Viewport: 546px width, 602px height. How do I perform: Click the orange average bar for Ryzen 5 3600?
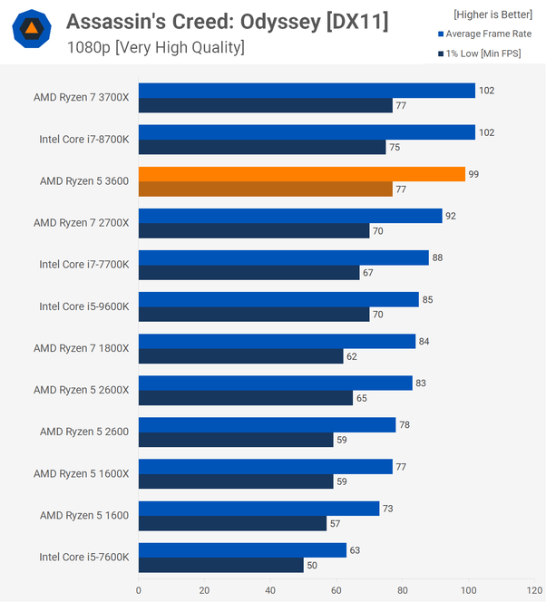(x=301, y=174)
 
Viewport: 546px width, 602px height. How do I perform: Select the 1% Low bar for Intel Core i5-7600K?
(x=220, y=566)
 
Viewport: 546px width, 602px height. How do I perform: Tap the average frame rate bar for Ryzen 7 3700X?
(x=307, y=91)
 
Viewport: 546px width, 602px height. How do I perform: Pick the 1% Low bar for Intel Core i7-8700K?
(x=262, y=147)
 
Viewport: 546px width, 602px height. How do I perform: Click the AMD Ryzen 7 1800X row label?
(x=82, y=348)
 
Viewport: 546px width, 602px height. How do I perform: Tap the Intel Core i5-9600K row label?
(x=84, y=306)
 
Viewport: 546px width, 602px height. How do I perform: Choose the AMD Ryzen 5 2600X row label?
(x=82, y=390)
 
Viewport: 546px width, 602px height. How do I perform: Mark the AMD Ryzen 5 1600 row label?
(x=84, y=515)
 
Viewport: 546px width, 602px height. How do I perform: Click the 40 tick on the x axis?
(x=270, y=590)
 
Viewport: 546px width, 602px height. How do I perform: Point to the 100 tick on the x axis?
(x=468, y=590)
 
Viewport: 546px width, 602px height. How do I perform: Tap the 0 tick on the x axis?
(x=139, y=590)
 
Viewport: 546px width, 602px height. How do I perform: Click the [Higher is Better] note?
(x=492, y=15)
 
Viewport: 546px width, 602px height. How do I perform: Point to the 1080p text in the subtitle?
(x=88, y=47)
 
